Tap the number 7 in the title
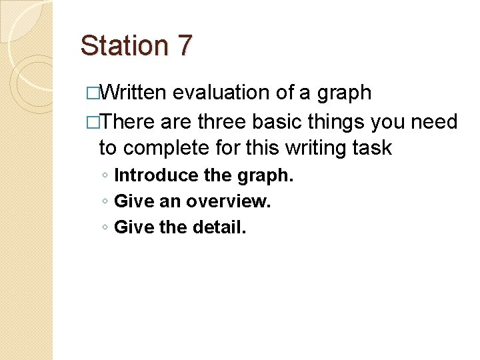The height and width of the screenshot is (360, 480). click(184, 46)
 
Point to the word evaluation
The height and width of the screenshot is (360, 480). click(221, 93)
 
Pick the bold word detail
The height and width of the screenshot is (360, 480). click(219, 228)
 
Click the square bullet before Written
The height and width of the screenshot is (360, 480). click(92, 93)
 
